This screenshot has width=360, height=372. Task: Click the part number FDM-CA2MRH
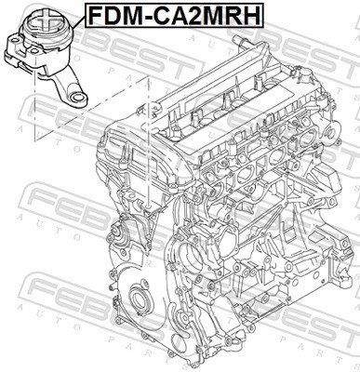click(x=173, y=15)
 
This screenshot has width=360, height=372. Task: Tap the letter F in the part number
click(x=94, y=15)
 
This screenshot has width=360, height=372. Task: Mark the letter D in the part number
click(x=110, y=15)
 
